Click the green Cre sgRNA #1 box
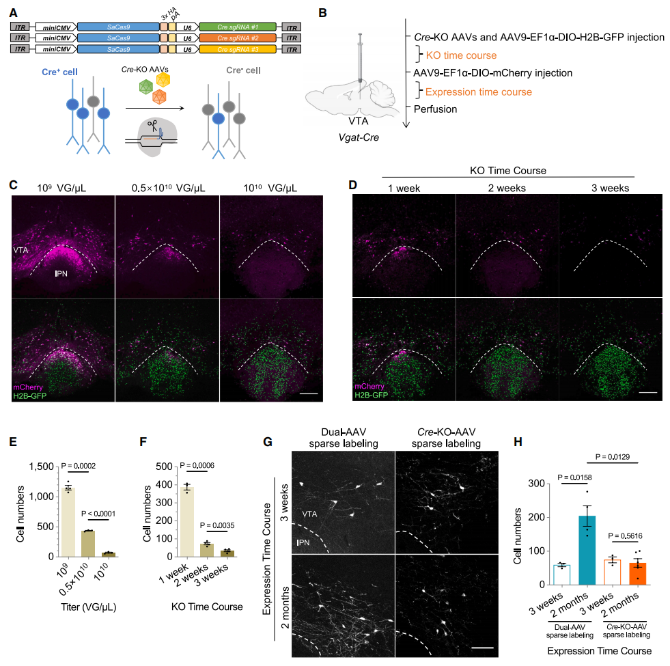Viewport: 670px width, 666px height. pos(238,25)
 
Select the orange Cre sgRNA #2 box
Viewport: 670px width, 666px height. pos(238,37)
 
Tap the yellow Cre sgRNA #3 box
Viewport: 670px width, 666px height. pos(238,48)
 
